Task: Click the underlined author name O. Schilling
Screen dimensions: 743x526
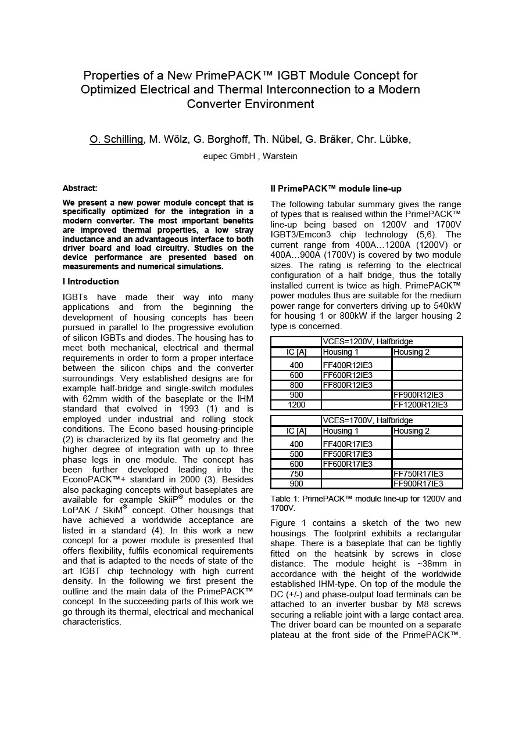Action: point(116,139)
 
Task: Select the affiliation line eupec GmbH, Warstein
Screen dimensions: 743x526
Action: point(250,156)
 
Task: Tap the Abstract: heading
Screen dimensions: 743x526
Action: point(80,188)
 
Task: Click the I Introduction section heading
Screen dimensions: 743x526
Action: point(91,282)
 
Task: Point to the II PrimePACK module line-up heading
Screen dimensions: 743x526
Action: point(336,189)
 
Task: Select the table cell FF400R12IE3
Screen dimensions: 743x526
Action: point(348,365)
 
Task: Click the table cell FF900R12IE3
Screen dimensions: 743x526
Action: point(418,395)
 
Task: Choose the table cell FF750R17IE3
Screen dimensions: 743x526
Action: point(418,474)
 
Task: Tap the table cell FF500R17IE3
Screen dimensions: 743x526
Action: point(348,454)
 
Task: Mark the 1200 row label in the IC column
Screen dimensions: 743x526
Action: point(296,405)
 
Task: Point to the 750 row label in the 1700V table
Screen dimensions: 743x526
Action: point(296,474)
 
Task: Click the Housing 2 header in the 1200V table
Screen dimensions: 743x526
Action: point(412,352)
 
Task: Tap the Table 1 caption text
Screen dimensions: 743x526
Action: point(366,503)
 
